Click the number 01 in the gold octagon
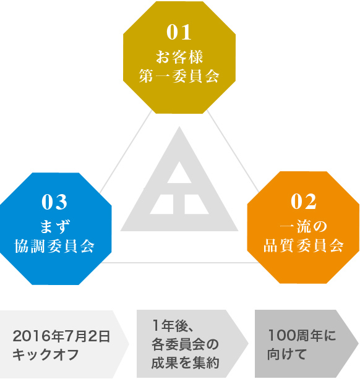179,32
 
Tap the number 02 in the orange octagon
304,202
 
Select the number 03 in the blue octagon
54,202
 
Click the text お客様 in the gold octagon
179,57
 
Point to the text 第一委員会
179,76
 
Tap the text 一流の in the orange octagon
304,226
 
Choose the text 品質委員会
304,245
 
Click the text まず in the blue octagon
54,227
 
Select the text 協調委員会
54,246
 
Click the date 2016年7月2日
61,336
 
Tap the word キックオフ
46,355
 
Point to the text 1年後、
172,325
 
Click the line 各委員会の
185,344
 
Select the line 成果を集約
185,362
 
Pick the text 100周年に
302,336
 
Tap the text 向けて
287,354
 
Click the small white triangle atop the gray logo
179,172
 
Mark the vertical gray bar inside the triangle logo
179,204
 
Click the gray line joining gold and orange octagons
233,151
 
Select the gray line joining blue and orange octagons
179,263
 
